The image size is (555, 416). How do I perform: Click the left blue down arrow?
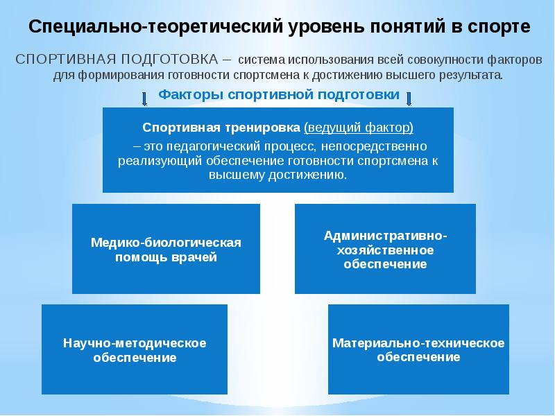click(144, 98)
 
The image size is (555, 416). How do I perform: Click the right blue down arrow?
click(409, 98)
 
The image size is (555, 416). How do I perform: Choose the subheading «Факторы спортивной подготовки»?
click(280, 95)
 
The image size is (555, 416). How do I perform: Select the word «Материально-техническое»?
click(418, 343)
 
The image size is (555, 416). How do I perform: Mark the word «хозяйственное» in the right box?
click(385, 250)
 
